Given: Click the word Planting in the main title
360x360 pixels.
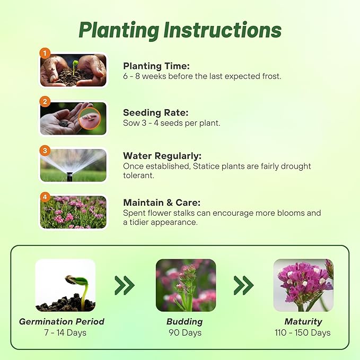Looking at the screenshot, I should click(118, 30).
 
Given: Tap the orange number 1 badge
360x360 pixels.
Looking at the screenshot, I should click(45, 53).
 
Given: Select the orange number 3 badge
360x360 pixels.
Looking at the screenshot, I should click(45, 151).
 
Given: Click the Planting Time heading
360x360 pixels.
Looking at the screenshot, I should click(156, 66).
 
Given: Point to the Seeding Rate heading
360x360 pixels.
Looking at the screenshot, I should click(155, 112).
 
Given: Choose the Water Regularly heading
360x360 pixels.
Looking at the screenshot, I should click(162, 156).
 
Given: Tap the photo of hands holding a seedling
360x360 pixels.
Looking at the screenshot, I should click(73, 71).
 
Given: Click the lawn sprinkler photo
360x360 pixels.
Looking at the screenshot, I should click(73, 165).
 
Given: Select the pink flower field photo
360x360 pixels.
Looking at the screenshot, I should click(73, 213).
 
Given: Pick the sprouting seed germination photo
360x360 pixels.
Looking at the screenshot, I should click(65, 285).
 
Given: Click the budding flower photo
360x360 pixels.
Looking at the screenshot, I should click(186, 285).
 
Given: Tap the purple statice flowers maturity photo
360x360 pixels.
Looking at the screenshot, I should click(303, 285).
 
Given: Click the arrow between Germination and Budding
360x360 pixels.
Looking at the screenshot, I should click(125, 285).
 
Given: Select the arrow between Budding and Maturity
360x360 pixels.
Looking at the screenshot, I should click(244, 285).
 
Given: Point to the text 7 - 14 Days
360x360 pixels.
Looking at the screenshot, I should click(65, 333).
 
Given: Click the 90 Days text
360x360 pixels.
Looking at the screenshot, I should click(185, 333).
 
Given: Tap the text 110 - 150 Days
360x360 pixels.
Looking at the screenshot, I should click(303, 333).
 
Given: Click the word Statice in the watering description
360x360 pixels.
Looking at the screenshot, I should click(206, 166).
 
